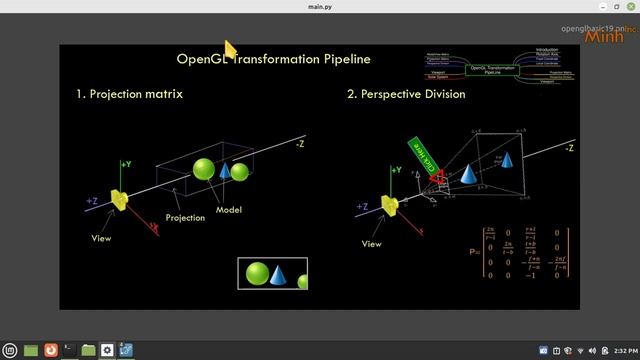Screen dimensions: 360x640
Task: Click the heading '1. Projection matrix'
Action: [129, 94]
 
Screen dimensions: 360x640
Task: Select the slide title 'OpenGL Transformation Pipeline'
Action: [273, 59]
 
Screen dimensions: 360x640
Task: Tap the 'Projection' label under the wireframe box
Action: [185, 217]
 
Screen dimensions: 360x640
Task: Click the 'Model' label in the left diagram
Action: [229, 210]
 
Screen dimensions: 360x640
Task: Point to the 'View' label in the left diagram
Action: [102, 239]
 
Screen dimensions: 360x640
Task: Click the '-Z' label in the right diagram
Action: [569, 148]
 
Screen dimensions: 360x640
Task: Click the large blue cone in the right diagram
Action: [468, 174]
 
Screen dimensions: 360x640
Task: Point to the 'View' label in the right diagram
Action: [372, 243]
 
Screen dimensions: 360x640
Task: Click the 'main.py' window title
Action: [320, 7]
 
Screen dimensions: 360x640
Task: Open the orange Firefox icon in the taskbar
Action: [51, 350]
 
